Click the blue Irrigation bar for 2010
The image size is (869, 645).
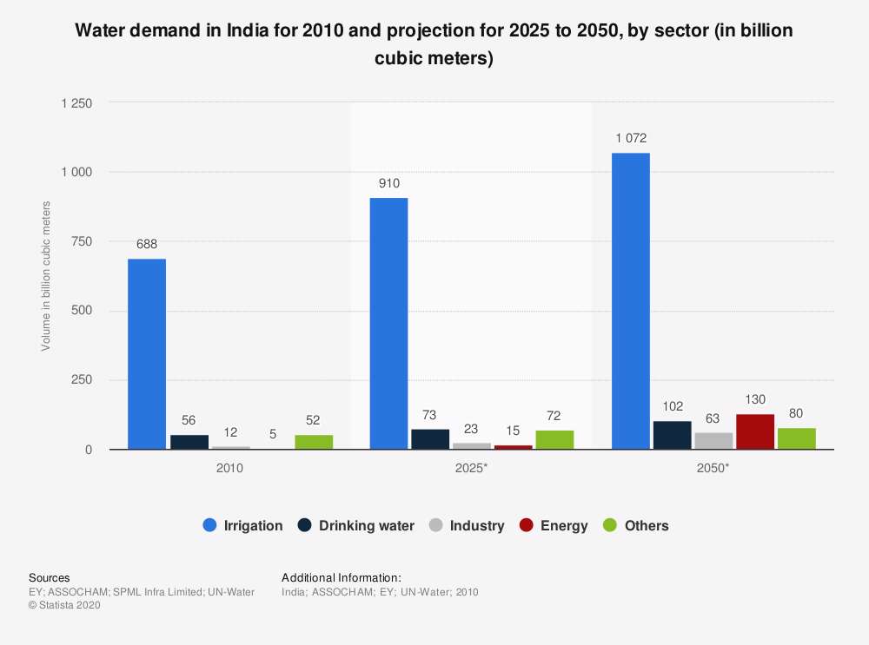pos(147,354)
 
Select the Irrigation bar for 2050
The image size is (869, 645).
pos(631,301)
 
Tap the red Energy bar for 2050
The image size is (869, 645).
pos(755,431)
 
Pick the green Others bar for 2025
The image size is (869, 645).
pos(554,439)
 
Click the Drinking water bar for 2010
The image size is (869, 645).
pos(189,442)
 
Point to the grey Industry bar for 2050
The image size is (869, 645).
pos(713,441)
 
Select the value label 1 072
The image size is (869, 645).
pos(631,138)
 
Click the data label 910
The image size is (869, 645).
pos(389,183)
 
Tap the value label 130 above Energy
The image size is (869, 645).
pos(755,399)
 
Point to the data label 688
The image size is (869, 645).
pos(147,244)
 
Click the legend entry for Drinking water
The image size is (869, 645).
pos(356,525)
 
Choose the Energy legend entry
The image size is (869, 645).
pos(554,525)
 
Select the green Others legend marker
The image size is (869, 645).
pos(610,525)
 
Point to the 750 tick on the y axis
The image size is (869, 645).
pos(82,241)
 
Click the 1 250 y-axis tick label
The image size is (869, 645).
pos(76,103)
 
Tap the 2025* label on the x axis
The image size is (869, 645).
pos(471,468)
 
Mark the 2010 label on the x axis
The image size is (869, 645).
pos(229,468)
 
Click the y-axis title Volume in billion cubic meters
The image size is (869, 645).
pos(46,276)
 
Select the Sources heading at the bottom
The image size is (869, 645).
pos(50,577)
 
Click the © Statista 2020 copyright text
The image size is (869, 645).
pos(64,605)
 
